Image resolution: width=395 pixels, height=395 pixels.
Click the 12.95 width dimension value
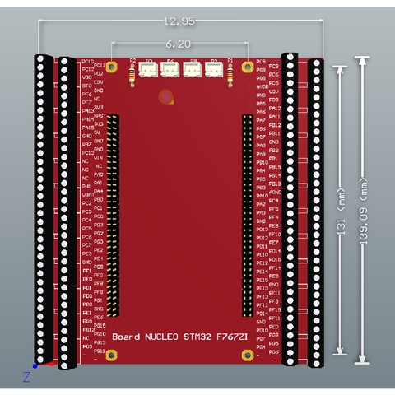pos(179,20)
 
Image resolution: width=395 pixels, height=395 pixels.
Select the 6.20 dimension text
pos(179,44)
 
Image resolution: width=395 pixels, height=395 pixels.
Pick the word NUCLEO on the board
pos(160,337)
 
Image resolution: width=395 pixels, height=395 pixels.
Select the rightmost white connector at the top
pos(213,72)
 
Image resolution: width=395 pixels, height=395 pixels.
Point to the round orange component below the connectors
pos(167,97)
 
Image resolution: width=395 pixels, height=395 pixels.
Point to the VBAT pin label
pos(99,194)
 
